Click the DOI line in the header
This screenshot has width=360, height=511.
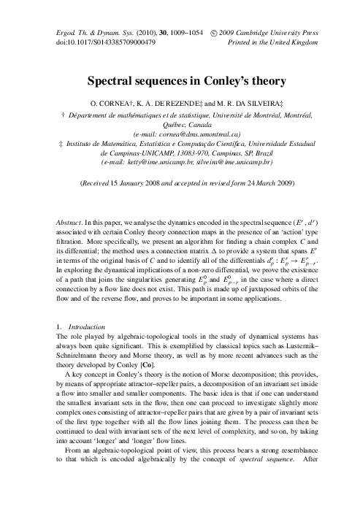click(x=106, y=41)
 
